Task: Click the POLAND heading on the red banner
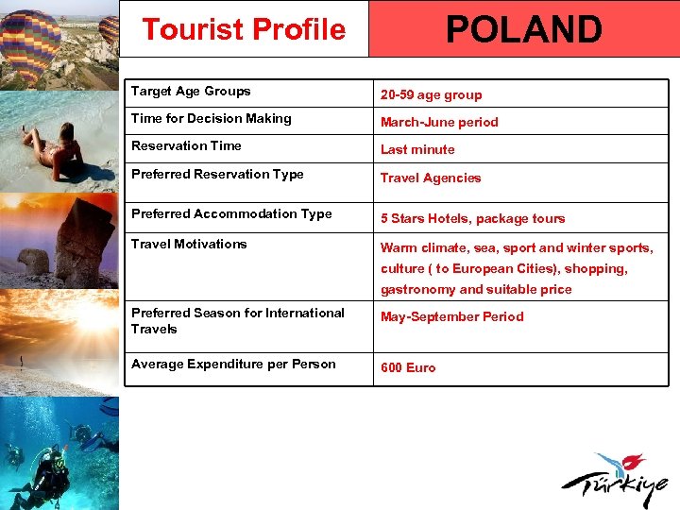pyautogui.click(x=523, y=29)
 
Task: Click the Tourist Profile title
pyautogui.click(x=244, y=29)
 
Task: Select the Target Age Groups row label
pyautogui.click(x=191, y=92)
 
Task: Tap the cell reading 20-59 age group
pyautogui.click(x=431, y=95)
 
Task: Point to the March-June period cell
pyautogui.click(x=439, y=122)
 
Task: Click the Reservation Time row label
pyautogui.click(x=186, y=146)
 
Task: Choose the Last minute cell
pyautogui.click(x=417, y=149)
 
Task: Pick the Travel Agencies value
pyautogui.click(x=431, y=178)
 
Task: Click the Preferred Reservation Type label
pyautogui.click(x=217, y=175)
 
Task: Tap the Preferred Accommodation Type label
pyautogui.click(x=231, y=214)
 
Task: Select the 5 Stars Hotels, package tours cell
pyautogui.click(x=472, y=218)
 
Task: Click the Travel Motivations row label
pyautogui.click(x=189, y=244)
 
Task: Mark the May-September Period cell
pyautogui.click(x=451, y=317)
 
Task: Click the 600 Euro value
pyautogui.click(x=408, y=367)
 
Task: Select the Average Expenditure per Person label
pyautogui.click(x=233, y=364)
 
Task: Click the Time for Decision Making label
pyautogui.click(x=211, y=119)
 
